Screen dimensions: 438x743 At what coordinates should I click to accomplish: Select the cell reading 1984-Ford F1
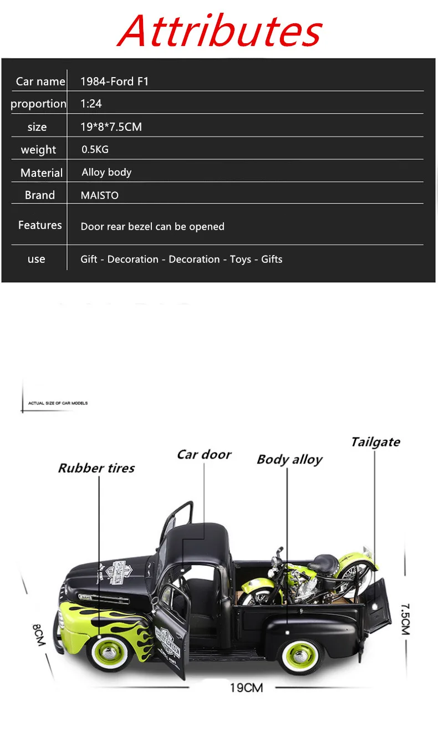[114, 82]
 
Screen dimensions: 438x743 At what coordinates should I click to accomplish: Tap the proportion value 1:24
[91, 104]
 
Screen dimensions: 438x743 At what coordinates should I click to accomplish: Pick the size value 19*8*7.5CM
[111, 127]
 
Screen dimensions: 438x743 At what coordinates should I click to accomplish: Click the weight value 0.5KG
[95, 149]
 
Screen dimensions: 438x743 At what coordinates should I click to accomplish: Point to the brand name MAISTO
[99, 195]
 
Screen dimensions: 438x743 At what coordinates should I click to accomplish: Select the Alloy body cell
[106, 172]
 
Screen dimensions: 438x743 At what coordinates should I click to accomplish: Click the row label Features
[40, 225]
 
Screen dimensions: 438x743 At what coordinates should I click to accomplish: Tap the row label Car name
[40, 82]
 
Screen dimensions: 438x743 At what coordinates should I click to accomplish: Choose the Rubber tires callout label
[96, 468]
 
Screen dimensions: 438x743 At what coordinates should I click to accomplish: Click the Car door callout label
[204, 455]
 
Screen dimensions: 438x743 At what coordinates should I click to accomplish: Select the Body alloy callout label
[289, 460]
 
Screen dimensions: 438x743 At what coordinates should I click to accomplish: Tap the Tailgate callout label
[375, 442]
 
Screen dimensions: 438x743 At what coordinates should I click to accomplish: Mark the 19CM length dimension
[247, 688]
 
